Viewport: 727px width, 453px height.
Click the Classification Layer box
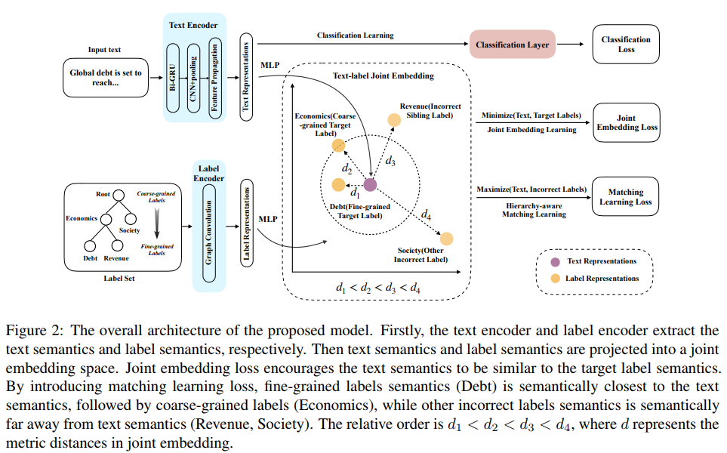(x=512, y=45)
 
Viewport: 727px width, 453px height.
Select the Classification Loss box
(x=625, y=45)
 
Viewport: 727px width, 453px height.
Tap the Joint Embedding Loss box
(x=626, y=122)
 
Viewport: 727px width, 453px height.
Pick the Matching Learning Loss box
(x=625, y=197)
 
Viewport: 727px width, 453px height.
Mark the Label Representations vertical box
(x=245, y=221)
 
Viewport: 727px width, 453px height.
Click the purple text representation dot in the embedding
(x=370, y=184)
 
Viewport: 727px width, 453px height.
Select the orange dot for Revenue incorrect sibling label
(x=394, y=119)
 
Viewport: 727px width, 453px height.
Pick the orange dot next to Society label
(x=446, y=239)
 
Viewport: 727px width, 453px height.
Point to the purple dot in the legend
(x=556, y=261)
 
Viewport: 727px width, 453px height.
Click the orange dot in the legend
(x=556, y=278)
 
